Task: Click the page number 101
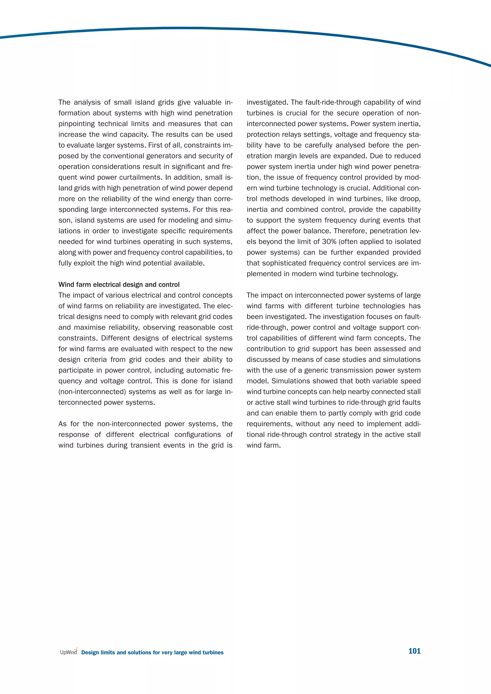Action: click(414, 651)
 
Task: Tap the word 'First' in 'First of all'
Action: click(156, 145)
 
